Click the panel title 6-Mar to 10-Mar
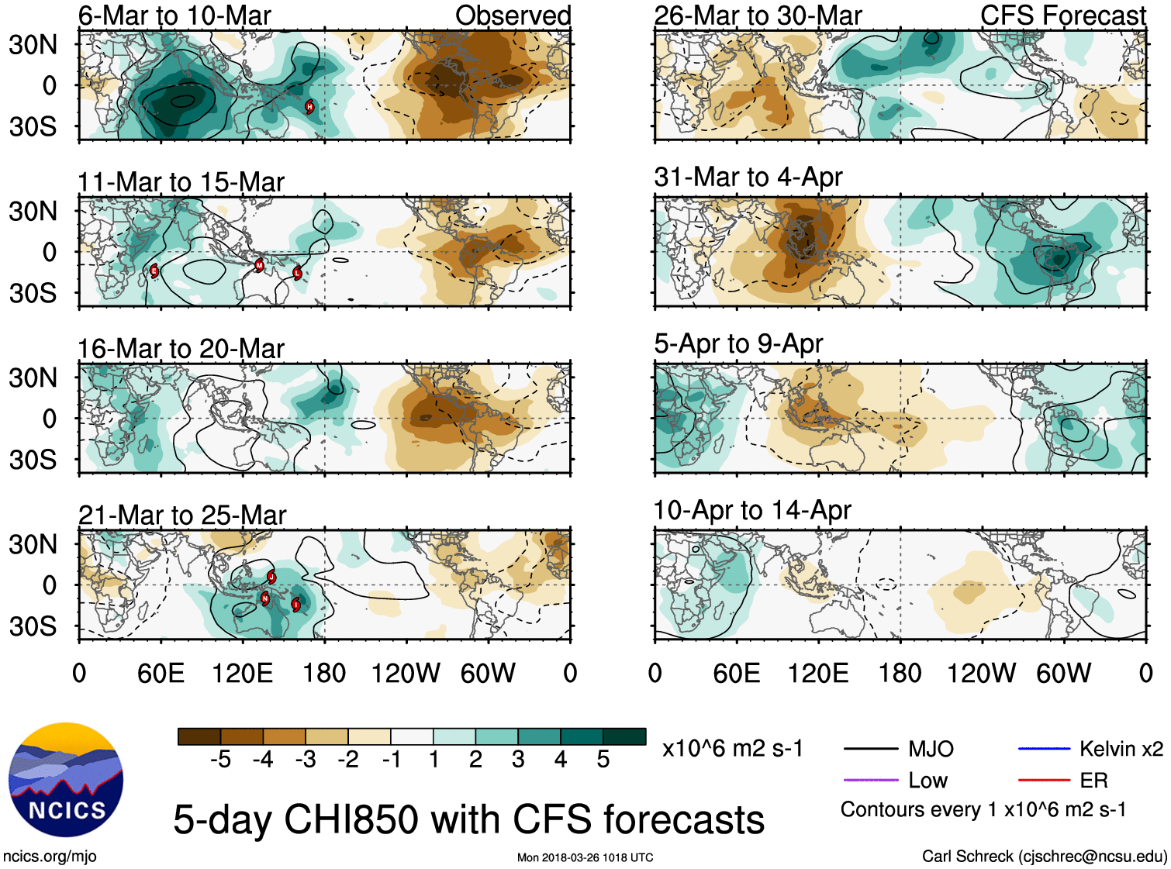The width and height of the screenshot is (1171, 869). click(174, 15)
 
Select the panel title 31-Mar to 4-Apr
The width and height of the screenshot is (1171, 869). click(748, 177)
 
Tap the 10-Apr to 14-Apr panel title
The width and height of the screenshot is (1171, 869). click(751, 510)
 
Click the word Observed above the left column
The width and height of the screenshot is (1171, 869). click(513, 15)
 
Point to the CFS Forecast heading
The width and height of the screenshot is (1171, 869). click(1062, 15)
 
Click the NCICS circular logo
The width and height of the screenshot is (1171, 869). click(66, 779)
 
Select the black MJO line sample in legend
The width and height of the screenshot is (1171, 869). click(870, 749)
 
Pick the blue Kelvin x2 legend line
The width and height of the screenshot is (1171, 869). click(1044, 749)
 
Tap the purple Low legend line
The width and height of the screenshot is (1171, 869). click(870, 780)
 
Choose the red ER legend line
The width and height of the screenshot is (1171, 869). click(1044, 780)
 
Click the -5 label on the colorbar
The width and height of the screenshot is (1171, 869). click(220, 760)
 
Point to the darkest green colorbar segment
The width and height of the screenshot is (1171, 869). click(624, 736)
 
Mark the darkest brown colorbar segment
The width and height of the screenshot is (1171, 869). click(199, 736)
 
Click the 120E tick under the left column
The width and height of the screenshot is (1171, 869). click(243, 673)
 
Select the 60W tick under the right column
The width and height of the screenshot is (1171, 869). click(1063, 673)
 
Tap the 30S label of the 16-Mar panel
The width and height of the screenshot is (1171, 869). click(33, 460)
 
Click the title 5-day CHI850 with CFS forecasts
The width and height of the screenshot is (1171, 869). click(468, 819)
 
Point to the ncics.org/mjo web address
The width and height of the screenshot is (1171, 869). click(50, 857)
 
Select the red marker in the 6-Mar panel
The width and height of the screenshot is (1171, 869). click(309, 106)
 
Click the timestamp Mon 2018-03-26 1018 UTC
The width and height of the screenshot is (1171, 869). click(585, 857)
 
